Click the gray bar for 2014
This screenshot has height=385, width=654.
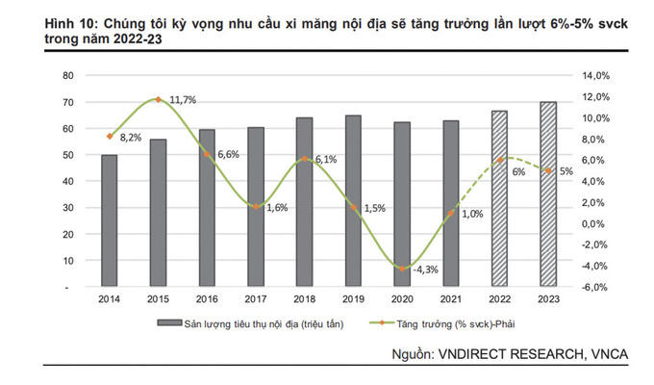110,220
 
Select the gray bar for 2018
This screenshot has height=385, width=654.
304,202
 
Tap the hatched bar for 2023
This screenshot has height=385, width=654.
547,193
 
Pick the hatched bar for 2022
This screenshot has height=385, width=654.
499,198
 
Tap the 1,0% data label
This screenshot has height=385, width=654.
471,214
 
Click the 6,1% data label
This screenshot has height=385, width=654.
324,160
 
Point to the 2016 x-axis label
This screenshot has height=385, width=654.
207,299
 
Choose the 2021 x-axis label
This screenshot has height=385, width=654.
450,299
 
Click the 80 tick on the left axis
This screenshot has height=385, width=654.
67,75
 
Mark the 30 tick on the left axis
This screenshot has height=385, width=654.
67,208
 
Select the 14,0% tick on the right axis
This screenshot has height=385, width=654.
596,75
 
